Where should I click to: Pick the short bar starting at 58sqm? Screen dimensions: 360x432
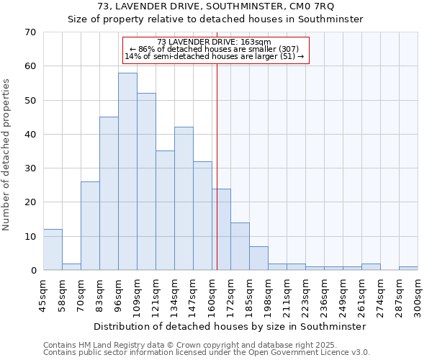(x=71, y=266)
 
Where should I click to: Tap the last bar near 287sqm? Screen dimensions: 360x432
(x=408, y=269)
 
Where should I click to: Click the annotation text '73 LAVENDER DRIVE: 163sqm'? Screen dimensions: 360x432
(x=214, y=42)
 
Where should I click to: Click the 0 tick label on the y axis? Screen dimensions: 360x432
(x=32, y=271)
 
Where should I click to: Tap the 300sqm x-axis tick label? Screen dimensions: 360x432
(x=418, y=296)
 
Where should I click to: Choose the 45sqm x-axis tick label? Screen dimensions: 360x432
(x=44, y=296)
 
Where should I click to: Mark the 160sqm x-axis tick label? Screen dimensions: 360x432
(x=212, y=296)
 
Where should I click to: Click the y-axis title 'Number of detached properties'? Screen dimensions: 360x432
(x=6, y=155)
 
